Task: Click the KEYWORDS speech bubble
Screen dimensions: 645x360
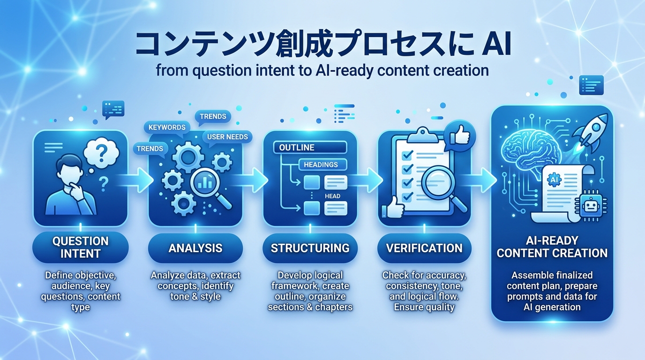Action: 166,127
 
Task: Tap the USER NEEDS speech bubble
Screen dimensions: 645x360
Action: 227,137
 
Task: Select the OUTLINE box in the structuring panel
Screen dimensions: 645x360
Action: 309,147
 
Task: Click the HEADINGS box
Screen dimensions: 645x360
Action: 322,164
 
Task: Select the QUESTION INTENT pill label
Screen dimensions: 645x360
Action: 80,247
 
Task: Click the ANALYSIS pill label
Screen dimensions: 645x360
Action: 195,247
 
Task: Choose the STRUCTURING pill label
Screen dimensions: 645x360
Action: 310,247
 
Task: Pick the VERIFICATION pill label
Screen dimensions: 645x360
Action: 424,247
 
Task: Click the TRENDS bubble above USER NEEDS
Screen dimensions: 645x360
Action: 213,116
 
